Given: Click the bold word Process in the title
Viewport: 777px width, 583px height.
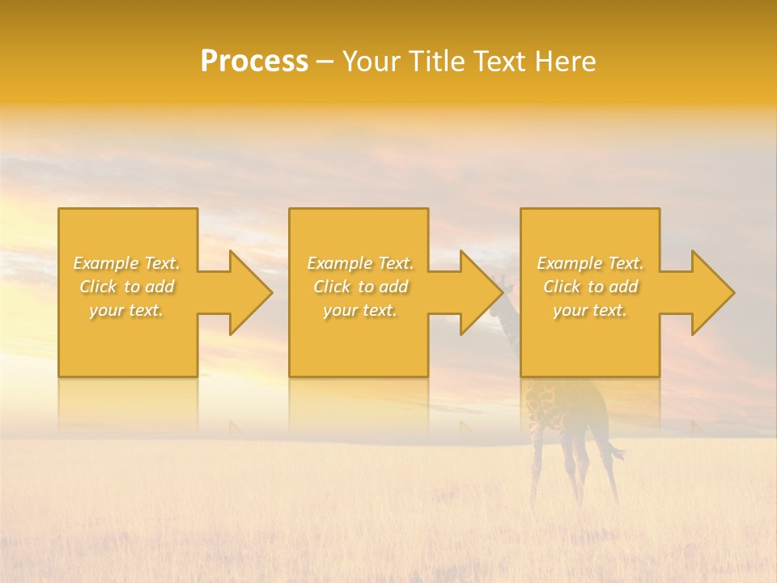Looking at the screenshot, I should [254, 62].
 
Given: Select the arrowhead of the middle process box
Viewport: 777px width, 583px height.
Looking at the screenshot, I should [480, 292].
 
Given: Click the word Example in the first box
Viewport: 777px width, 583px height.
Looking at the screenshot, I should [106, 263].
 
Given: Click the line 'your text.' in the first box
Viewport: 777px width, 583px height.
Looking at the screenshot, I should [126, 310].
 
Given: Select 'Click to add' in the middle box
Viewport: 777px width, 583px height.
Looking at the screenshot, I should [360, 287].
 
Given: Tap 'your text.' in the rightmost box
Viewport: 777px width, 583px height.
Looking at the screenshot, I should [590, 310].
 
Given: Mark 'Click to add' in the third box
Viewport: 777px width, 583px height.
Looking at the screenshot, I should [590, 287].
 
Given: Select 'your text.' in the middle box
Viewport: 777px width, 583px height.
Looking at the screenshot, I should [360, 310].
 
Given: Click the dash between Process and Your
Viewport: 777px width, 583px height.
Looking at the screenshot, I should [325, 62].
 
